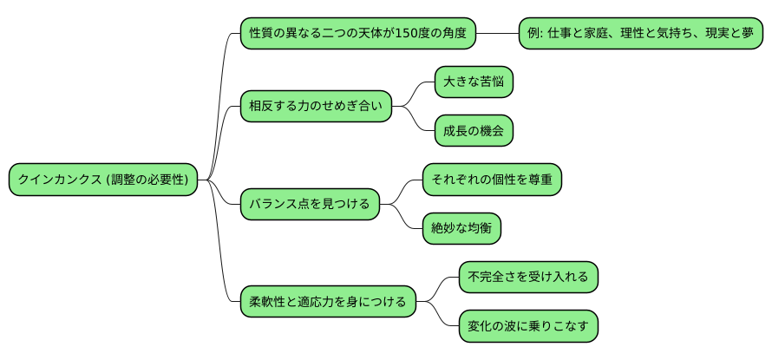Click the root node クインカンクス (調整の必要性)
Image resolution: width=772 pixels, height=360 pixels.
[x=103, y=180]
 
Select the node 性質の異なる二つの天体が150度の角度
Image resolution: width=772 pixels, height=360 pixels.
[x=358, y=34]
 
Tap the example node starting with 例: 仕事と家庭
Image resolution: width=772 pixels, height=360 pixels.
[x=640, y=34]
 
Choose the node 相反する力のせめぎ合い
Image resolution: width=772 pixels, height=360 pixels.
[x=316, y=107]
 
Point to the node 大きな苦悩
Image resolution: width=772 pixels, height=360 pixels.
[x=473, y=82]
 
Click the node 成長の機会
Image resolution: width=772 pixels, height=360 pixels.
[x=473, y=131]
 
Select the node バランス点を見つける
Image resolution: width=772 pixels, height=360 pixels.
[x=310, y=205]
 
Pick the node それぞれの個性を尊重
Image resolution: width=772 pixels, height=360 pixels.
[x=492, y=180]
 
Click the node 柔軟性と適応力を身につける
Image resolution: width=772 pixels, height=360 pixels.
[x=328, y=302]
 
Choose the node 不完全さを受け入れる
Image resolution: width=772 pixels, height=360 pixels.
[x=527, y=278]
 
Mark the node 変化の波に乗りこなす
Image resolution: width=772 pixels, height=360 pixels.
[x=527, y=326]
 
